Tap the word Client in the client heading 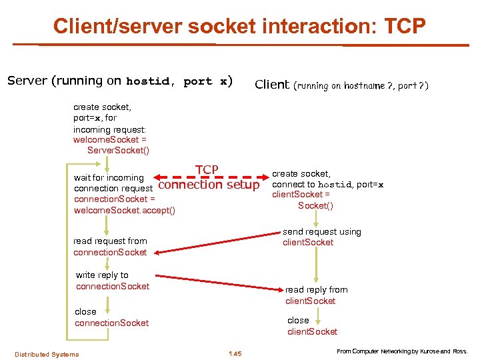(x=272, y=85)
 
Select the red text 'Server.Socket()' (x=118, y=150)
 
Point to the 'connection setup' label (x=209, y=184)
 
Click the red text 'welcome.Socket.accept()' (x=125, y=211)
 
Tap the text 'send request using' (x=322, y=232)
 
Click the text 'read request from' (x=110, y=241)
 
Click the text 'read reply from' (x=316, y=290)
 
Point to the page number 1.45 (x=235, y=353)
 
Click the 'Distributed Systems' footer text (x=47, y=354)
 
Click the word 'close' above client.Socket (x=298, y=321)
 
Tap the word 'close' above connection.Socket (x=85, y=311)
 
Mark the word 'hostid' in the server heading (x=148, y=81)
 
